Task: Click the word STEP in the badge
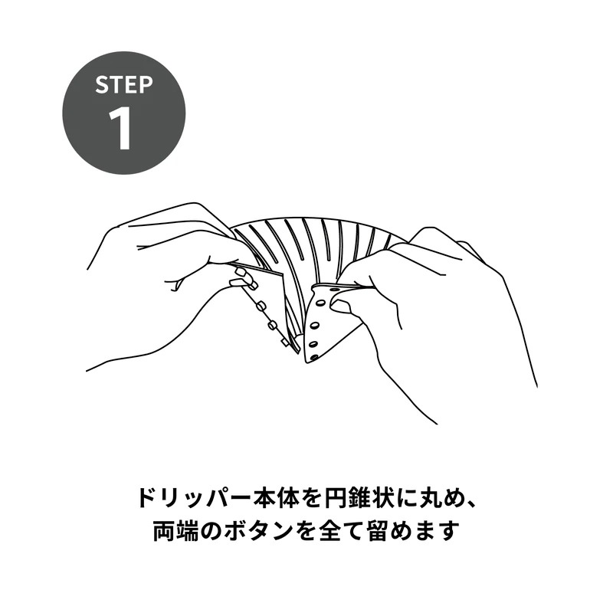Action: click(124, 85)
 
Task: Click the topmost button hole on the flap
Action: click(335, 290)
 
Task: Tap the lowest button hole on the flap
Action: click(314, 356)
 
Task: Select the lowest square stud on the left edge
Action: click(285, 343)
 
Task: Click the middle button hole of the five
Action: click(314, 325)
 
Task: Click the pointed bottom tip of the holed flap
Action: click(305, 362)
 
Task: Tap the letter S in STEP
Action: click(102, 85)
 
